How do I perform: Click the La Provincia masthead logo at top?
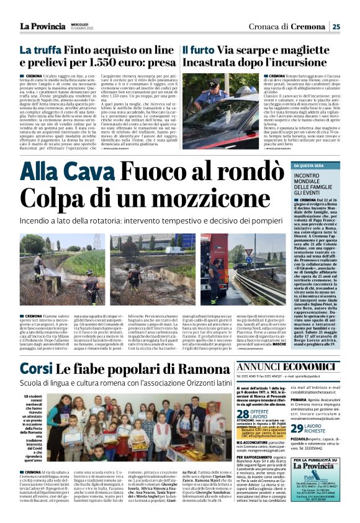click(x=43, y=25)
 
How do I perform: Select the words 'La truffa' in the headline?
click(x=38, y=50)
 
